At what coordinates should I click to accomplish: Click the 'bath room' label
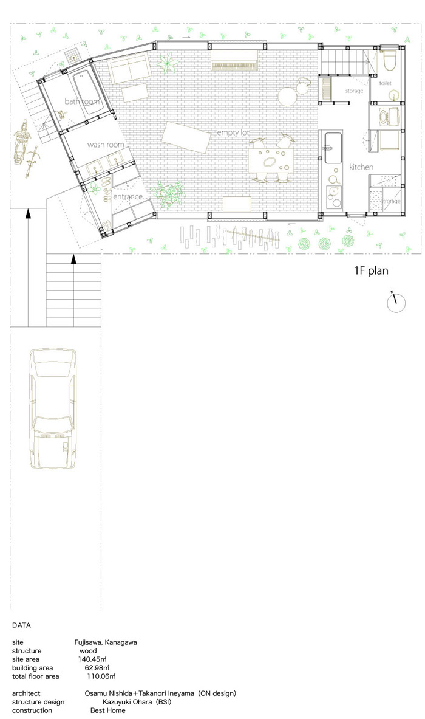[x=82, y=101]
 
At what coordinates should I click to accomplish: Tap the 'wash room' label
[x=106, y=145]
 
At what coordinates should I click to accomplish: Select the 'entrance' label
[x=127, y=197]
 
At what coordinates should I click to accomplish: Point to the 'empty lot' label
[x=234, y=133]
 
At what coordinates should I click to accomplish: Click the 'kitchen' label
[x=361, y=167]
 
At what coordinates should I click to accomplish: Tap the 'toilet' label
[x=386, y=83]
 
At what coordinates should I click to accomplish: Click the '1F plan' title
[x=371, y=270]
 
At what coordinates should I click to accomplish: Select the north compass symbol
[x=396, y=303]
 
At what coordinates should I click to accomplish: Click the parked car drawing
[x=53, y=408]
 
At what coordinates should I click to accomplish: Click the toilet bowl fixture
[x=390, y=61]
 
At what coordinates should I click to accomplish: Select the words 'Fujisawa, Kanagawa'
[x=106, y=642]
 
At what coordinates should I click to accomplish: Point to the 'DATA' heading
[x=21, y=625]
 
